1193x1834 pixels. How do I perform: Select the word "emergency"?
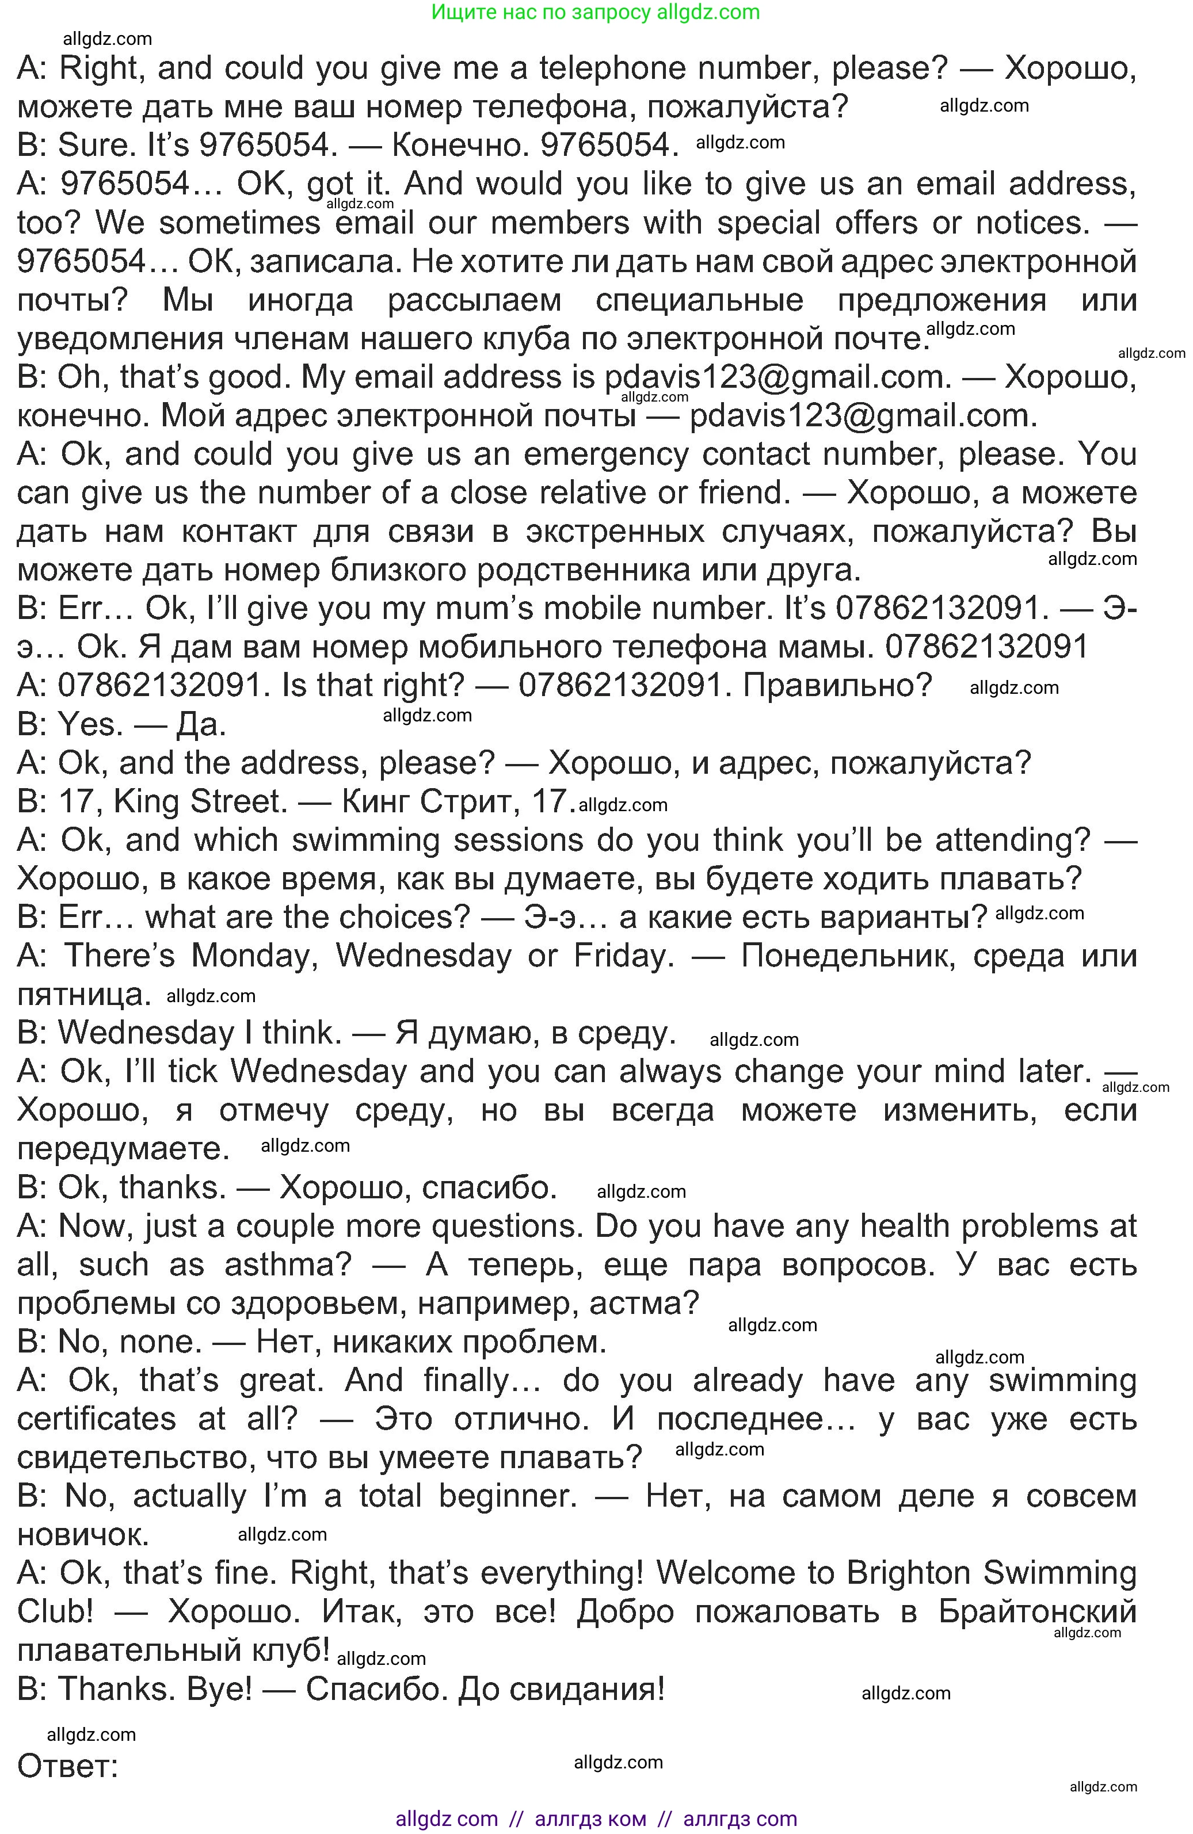coord(605,454)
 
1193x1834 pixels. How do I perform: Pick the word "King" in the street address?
coord(146,801)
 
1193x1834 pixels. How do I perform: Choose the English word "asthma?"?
coord(288,1264)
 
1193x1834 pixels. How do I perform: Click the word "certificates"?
coord(96,1419)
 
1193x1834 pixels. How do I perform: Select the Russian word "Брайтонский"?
coord(1037,1611)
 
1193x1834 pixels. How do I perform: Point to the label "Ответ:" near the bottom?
coord(68,1766)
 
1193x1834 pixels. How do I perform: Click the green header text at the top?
coord(596,12)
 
